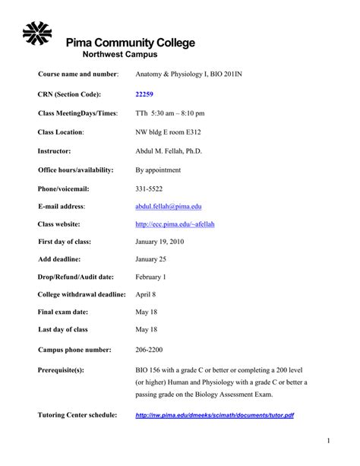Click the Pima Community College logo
pyautogui.click(x=38, y=34)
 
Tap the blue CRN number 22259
pyautogui.click(x=144, y=94)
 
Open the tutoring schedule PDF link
pyautogui.click(x=214, y=416)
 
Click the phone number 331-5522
pyautogui.click(x=148, y=188)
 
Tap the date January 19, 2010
pyautogui.click(x=159, y=242)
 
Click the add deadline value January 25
pyautogui.click(x=151, y=259)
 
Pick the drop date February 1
pyautogui.click(x=150, y=277)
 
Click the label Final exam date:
pyautogui.click(x=67, y=312)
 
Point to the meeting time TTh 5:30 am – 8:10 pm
pyautogui.click(x=170, y=113)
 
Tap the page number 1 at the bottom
pyautogui.click(x=329, y=441)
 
